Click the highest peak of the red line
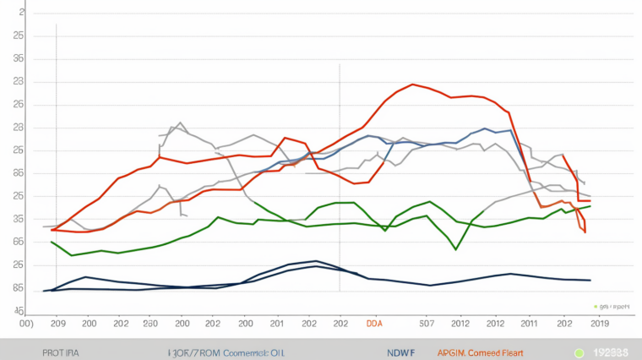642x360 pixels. click(x=411, y=84)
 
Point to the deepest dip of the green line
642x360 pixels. click(x=456, y=249)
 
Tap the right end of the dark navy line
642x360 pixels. click(x=590, y=280)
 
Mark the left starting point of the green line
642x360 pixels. click(x=52, y=243)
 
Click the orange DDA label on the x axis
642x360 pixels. click(x=374, y=323)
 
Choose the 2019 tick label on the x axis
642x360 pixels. click(x=600, y=323)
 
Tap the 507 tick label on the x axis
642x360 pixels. click(x=427, y=323)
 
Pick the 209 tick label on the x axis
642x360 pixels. click(x=58, y=323)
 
